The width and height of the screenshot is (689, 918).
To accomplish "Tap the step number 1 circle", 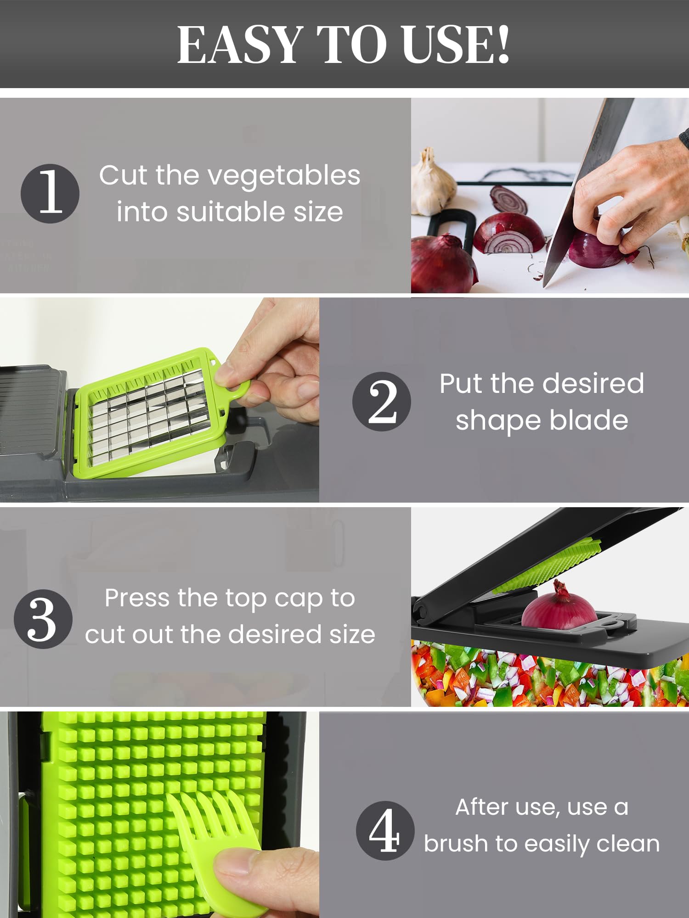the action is point(50,193).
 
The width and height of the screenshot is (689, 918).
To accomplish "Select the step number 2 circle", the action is point(382,401).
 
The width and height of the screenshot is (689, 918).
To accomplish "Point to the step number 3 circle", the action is point(43,619).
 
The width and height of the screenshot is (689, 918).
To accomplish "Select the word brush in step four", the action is point(456,844).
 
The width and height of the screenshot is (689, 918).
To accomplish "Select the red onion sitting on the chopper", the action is point(559,606).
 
